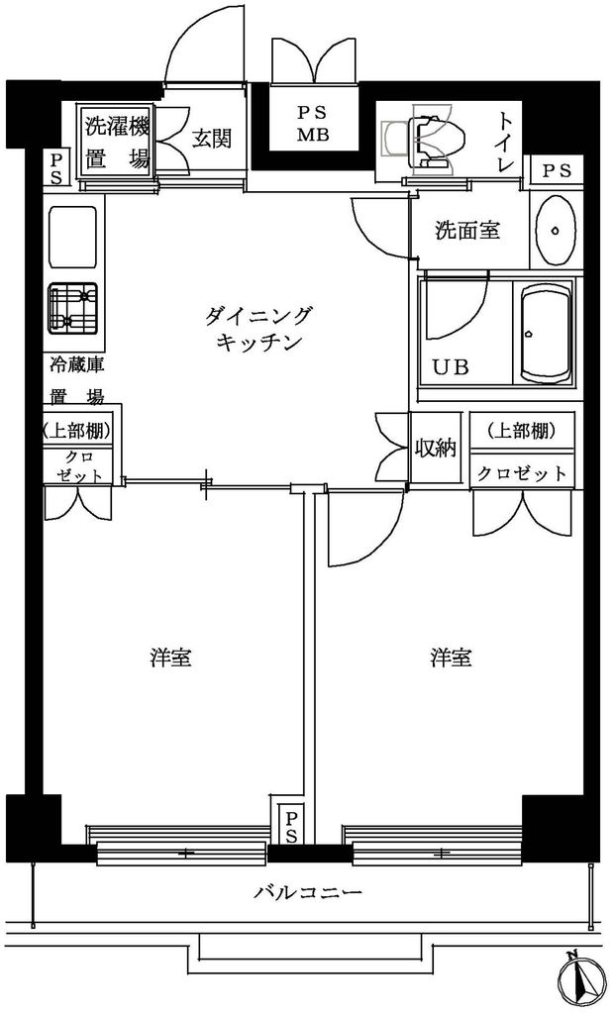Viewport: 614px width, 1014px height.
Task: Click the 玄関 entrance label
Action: pos(212,139)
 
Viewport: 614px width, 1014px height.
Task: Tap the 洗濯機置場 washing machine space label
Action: pos(117,142)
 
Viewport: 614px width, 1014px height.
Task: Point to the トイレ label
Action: pos(506,142)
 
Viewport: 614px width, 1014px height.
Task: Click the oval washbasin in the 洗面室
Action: pos(557,229)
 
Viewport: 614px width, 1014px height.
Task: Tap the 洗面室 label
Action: pos(467,231)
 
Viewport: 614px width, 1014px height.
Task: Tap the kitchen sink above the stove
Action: pos(73,235)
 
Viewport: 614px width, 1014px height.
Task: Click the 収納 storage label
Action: pos(434,449)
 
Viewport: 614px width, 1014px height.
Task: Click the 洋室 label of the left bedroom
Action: pos(170,657)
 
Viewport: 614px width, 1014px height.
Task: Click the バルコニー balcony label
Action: pos(308,892)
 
